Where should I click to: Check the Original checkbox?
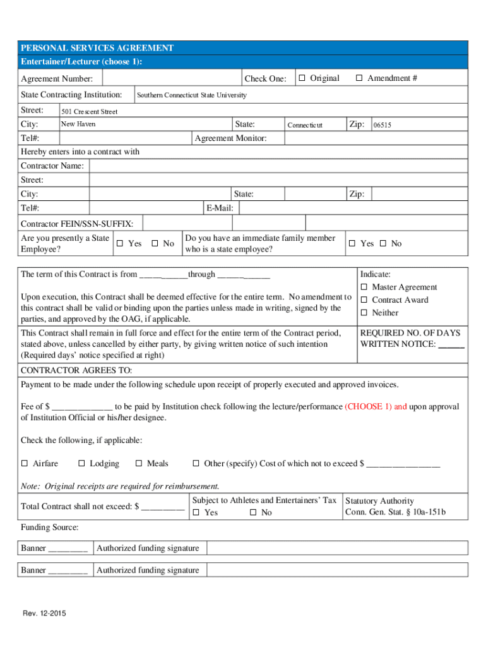(x=302, y=78)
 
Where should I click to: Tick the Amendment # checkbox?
(x=359, y=78)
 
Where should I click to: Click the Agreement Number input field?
(x=171, y=79)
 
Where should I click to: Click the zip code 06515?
(x=382, y=125)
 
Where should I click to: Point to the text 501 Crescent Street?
(x=89, y=112)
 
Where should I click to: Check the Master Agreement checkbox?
(x=364, y=287)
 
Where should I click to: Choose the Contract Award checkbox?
(x=364, y=300)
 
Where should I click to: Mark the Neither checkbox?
(x=364, y=313)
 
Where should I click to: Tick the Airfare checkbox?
(x=25, y=464)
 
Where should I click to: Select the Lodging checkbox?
(x=81, y=464)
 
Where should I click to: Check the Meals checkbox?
(x=139, y=464)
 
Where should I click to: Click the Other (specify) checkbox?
(x=196, y=464)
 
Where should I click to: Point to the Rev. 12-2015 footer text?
(x=45, y=614)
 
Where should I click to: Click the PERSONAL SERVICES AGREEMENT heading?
(x=97, y=48)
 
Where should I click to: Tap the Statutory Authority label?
(x=379, y=501)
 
